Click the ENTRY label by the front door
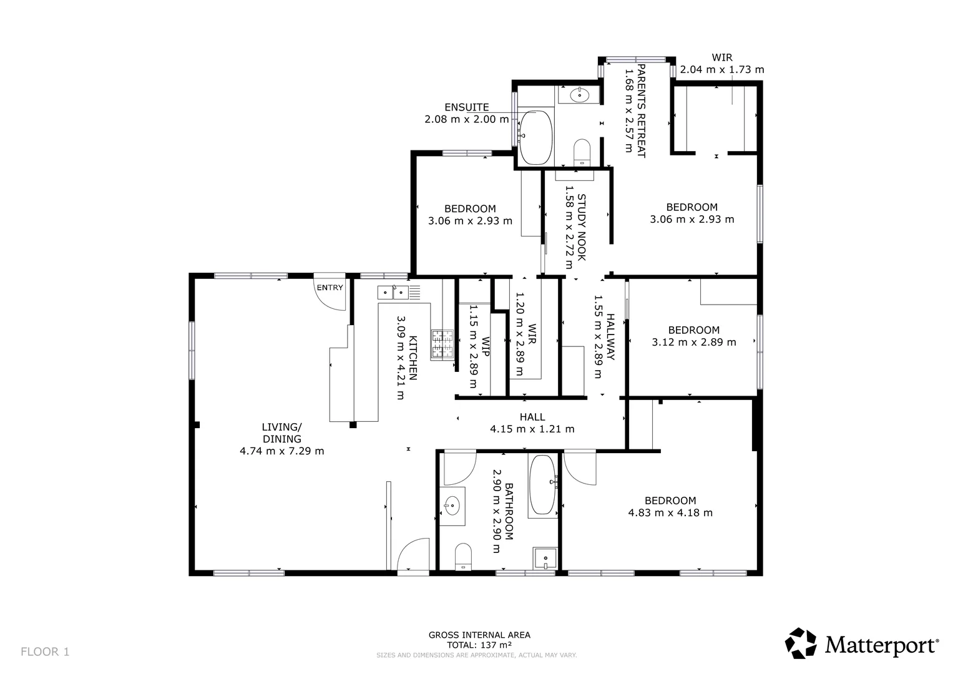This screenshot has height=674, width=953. [x=330, y=288]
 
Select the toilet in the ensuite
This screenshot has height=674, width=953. [x=582, y=151]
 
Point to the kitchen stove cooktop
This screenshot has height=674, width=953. [x=442, y=344]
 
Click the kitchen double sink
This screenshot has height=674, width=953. [x=392, y=291]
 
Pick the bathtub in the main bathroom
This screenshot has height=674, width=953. [x=542, y=486]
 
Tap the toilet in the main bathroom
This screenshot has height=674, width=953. [x=463, y=556]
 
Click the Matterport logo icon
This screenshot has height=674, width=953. [x=801, y=643]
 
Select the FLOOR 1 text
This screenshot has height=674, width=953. [x=45, y=652]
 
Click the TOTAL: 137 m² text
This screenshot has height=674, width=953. [x=479, y=645]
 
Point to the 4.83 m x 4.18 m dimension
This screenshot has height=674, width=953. [x=670, y=513]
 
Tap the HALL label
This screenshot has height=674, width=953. [x=532, y=417]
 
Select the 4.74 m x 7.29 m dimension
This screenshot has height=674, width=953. [x=281, y=451]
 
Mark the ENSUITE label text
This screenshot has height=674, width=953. [x=466, y=107]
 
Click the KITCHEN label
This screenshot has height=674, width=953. [x=413, y=359]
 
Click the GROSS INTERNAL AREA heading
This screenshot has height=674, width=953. [x=479, y=635]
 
